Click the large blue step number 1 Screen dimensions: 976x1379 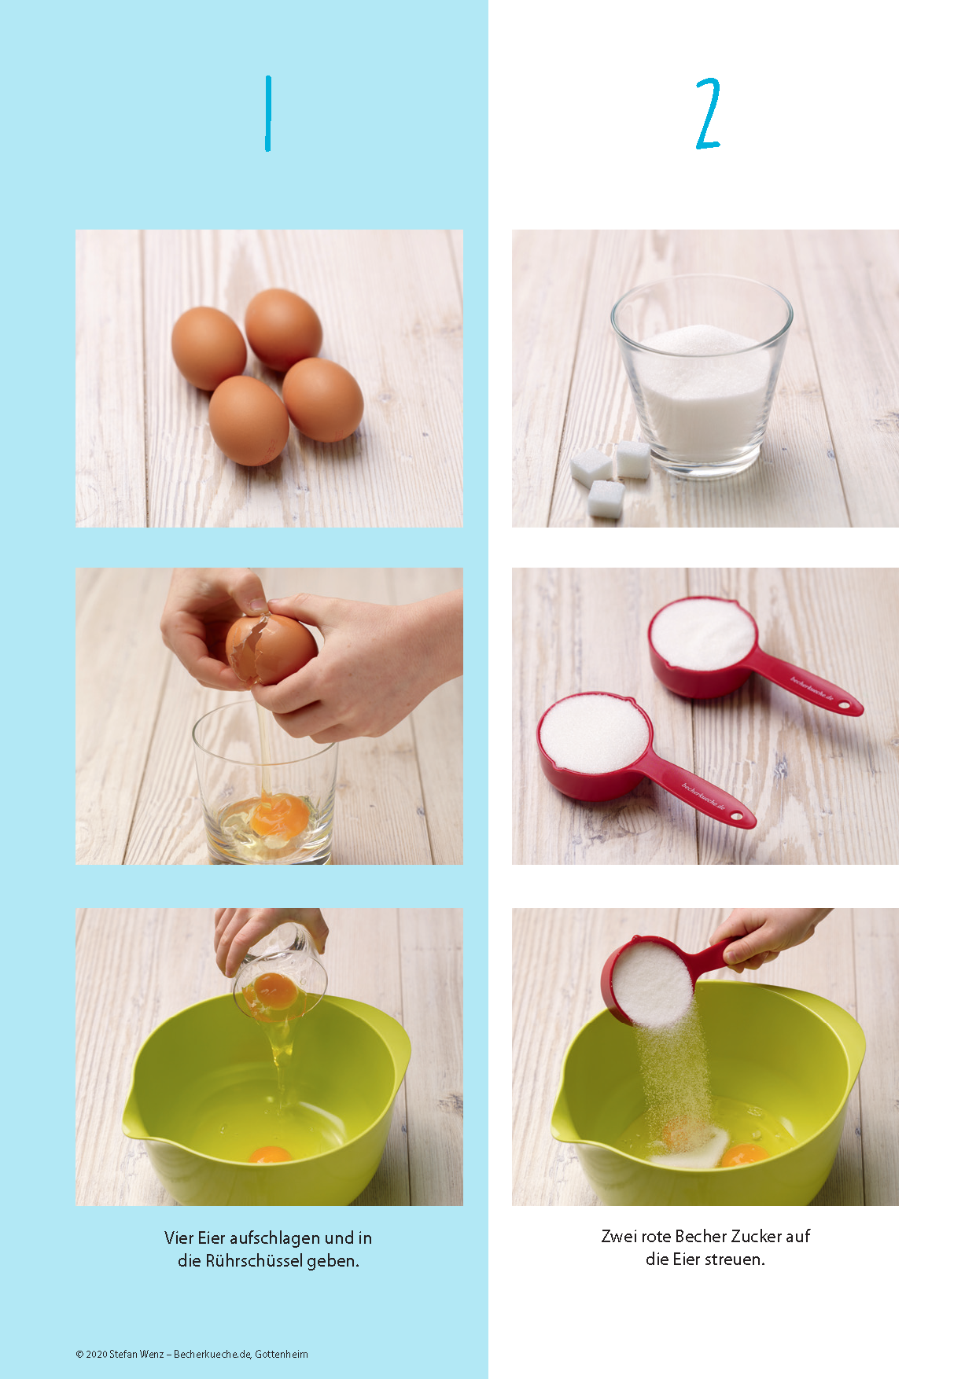pyautogui.click(x=268, y=113)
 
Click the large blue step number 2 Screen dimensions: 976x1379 pyautogui.click(x=708, y=113)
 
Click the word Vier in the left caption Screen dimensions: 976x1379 pyautogui.click(x=179, y=1238)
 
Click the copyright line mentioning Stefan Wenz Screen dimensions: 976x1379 pyautogui.click(x=192, y=1354)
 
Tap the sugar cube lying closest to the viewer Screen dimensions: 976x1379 pyautogui.click(x=606, y=498)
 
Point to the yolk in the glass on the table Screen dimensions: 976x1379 pyautogui.click(x=279, y=815)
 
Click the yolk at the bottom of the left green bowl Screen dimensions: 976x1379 pyautogui.click(x=269, y=1154)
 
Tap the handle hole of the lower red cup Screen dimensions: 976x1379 pyautogui.click(x=737, y=818)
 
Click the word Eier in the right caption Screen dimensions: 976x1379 pyautogui.click(x=685, y=1259)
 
